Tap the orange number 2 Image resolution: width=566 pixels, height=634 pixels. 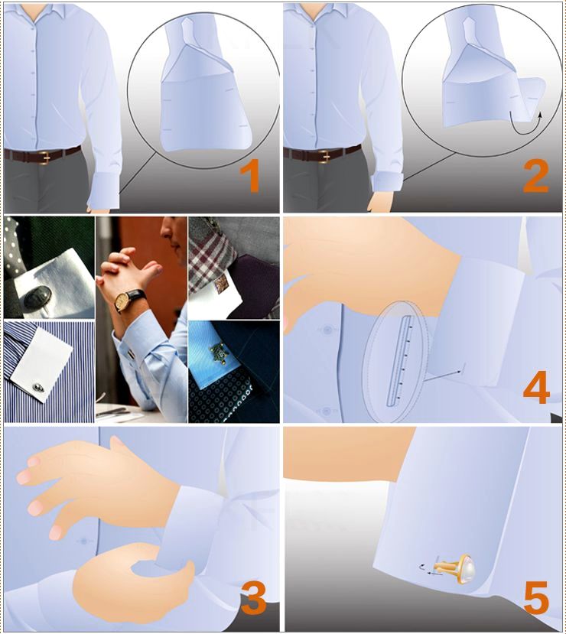coord(535,177)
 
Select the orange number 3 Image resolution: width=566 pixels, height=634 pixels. coord(253,597)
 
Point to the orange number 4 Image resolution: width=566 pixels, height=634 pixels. coord(536,386)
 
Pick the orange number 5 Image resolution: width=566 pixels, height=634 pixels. coord(536,597)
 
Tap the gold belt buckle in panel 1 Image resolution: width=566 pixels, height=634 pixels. coord(44,157)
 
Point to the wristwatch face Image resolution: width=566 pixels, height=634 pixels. coord(122,301)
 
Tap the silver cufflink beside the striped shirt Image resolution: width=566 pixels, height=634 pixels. coord(39,387)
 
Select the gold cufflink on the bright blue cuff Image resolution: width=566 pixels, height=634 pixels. coord(219,353)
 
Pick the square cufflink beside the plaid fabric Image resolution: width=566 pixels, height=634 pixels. coord(222,284)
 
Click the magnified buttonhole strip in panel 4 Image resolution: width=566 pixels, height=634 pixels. coord(398,360)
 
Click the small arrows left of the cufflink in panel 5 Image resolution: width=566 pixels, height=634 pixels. coord(428,569)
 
